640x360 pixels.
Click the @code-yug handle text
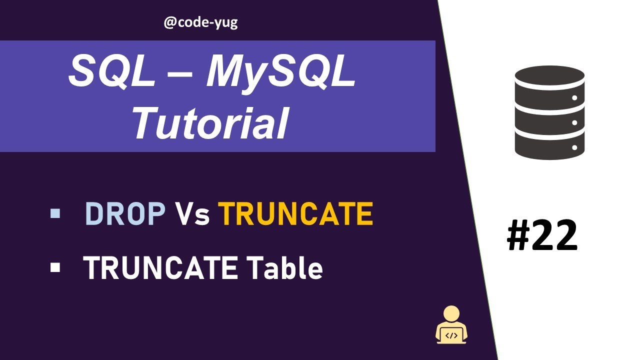pyautogui.click(x=200, y=22)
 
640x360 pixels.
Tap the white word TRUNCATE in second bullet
pyautogui.click(x=160, y=268)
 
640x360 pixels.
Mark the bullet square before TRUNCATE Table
pyautogui.click(x=55, y=268)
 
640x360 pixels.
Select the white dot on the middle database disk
pyautogui.click(x=574, y=122)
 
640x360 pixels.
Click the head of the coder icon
pyautogui.click(x=452, y=314)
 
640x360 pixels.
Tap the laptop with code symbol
pyautogui.click(x=451, y=335)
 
